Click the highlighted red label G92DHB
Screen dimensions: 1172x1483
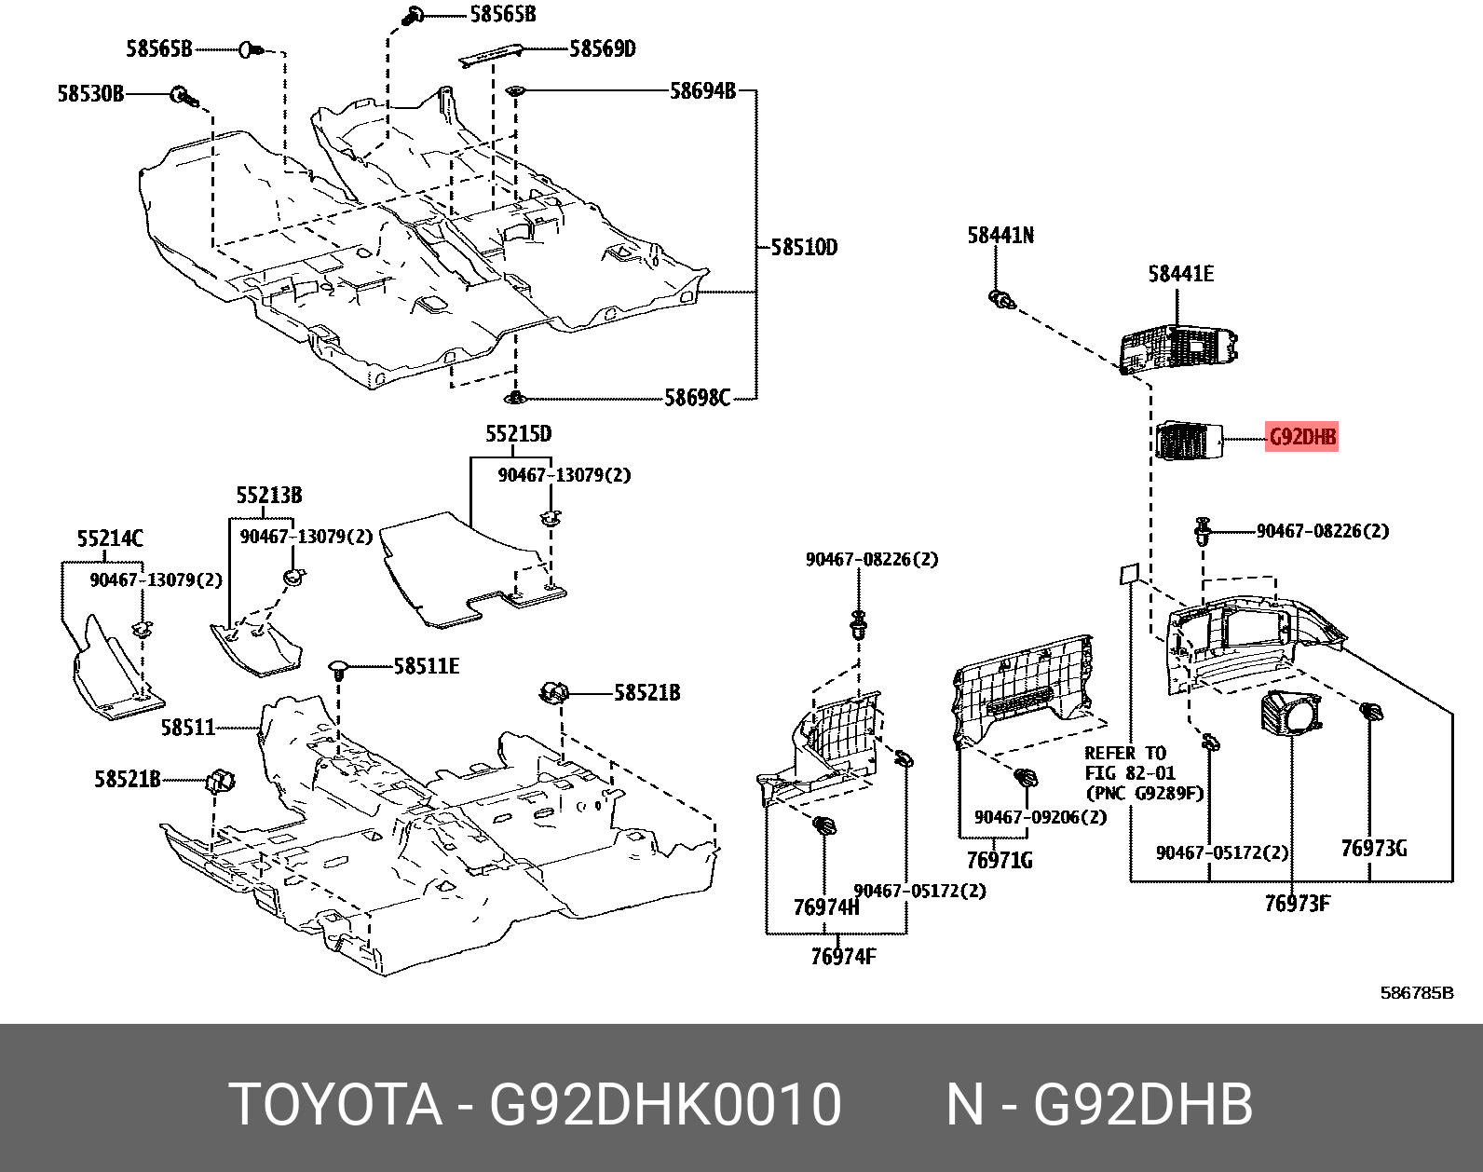tap(1301, 437)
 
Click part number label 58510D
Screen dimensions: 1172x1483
tap(804, 248)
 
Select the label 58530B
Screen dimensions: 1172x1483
tap(90, 94)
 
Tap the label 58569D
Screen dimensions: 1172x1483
tap(602, 49)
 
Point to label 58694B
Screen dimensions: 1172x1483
tap(702, 91)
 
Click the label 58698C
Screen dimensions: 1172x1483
tap(697, 399)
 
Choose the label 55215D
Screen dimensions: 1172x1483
tap(518, 434)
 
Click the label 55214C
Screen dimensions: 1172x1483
tap(110, 538)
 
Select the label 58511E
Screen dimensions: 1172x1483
tap(426, 666)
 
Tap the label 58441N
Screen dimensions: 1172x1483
tap(1000, 236)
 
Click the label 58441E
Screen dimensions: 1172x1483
tap(1180, 274)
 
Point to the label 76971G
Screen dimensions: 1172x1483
tap(999, 860)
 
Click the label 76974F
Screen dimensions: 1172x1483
tap(843, 957)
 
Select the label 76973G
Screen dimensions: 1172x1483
tap(1373, 849)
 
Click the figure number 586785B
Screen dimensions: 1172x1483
tap(1416, 993)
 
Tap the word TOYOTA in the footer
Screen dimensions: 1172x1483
tap(335, 1105)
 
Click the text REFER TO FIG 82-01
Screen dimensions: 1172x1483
tap(1130, 763)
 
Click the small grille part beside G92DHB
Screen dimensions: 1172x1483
tap(1188, 441)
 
